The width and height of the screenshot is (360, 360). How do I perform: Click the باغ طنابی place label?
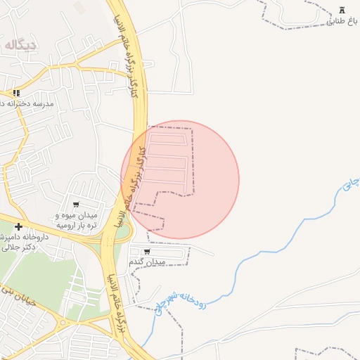pos(342,21)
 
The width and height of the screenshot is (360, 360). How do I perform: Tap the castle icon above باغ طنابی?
pos(342,10)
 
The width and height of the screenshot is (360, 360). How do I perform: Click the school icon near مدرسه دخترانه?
pos(16,92)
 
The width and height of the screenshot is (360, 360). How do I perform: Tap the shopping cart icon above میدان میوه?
pos(76,205)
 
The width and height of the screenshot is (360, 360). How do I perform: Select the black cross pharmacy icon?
pos(18,226)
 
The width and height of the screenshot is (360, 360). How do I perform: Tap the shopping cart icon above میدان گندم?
pos(147,251)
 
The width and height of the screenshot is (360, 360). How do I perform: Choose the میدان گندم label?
pos(147,262)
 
